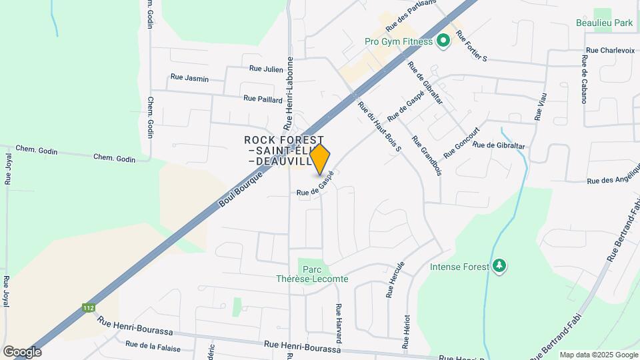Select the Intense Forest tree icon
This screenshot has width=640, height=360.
pos(499,267)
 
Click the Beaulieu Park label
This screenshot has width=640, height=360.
pos(604,23)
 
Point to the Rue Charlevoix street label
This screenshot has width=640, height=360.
pos(610,50)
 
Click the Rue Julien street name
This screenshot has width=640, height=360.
pos(266,68)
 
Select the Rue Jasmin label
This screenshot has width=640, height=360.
pos(189,78)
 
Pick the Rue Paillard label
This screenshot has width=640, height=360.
pos(259,99)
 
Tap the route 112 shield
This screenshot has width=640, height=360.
pos(89,307)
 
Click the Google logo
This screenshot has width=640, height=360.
pos(22,351)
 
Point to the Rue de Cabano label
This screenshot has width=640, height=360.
pos(583,79)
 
